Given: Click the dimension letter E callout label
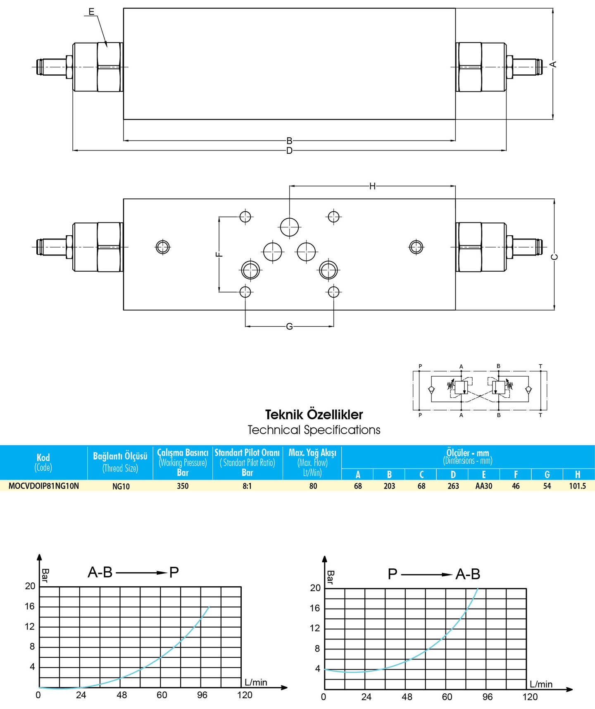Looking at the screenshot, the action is point(92,11).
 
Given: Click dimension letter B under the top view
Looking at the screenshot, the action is point(289,141).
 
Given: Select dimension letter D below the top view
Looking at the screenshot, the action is point(289,150).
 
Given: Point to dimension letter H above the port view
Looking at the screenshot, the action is point(372,186).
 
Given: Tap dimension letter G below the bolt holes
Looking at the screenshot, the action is point(289,327).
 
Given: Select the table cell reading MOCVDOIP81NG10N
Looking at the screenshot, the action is point(44,486).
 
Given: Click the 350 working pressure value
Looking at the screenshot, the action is point(183,486).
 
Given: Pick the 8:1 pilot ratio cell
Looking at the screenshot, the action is point(247,486).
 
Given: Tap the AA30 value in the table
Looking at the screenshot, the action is point(484,486).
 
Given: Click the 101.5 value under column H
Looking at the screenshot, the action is point(577,486).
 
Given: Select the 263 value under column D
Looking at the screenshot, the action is point(453,486).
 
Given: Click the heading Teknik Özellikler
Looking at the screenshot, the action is point(314,415).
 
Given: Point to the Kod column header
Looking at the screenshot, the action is point(43,457).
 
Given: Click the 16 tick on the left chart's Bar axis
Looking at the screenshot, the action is point(30,606).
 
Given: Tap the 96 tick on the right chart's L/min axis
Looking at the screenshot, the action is point(488,697).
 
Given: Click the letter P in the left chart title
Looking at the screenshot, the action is point(174,573).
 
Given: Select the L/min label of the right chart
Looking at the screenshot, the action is point(541,684).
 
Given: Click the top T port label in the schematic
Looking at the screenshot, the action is point(540,366).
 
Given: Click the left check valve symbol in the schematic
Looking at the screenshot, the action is point(431,390).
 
